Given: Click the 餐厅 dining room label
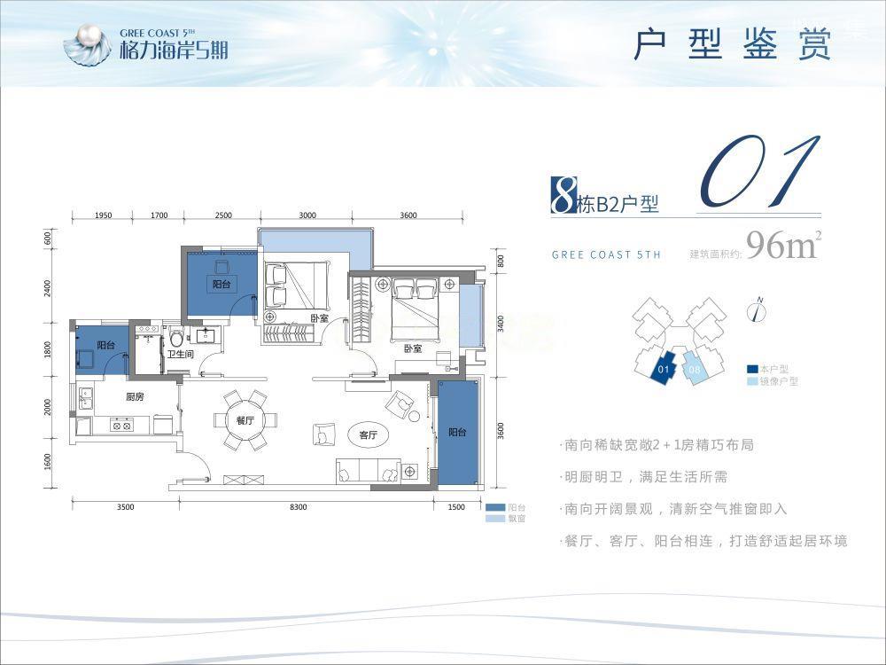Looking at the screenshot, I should [x=245, y=421].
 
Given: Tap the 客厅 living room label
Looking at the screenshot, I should [x=369, y=435].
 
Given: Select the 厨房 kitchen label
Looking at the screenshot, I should [x=135, y=396].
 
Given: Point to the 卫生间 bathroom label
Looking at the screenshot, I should [x=181, y=355].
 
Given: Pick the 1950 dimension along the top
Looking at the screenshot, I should [x=102, y=215].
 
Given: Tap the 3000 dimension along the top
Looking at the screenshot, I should [x=307, y=215].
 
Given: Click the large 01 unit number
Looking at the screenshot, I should [x=758, y=170].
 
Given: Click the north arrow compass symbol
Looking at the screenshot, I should [x=758, y=309].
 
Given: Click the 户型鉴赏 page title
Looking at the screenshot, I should [x=732, y=44].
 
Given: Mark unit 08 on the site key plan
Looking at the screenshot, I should [x=694, y=367].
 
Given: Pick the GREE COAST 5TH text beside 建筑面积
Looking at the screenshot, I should [x=606, y=255].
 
